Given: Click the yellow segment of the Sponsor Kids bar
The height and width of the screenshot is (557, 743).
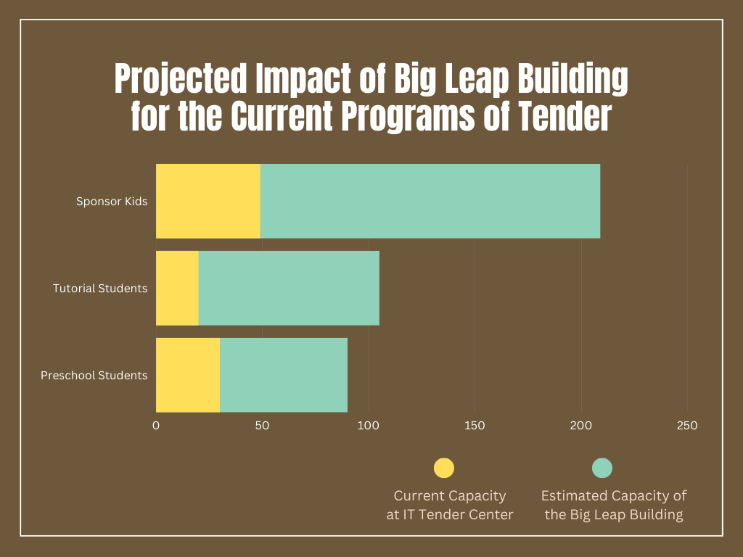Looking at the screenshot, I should (208, 201).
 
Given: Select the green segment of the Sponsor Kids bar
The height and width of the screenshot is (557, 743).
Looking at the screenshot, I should (430, 201).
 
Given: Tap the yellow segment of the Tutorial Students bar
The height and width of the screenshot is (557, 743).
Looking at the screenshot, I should (177, 288).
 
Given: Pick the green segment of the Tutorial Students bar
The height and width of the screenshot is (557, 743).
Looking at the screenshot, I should (289, 288).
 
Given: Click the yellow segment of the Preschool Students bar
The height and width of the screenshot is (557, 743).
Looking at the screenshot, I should (188, 375).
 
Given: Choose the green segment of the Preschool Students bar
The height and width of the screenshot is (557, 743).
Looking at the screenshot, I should (284, 375).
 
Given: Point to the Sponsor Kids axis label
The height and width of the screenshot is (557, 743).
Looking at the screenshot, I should (112, 202).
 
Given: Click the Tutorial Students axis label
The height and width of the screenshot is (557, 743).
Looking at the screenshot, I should (100, 289).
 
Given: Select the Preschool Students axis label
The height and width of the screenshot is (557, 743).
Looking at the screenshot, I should (94, 376).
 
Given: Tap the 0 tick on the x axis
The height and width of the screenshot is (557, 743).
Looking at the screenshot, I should (156, 426).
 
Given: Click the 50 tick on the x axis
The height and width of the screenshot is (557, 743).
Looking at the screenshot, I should (262, 426).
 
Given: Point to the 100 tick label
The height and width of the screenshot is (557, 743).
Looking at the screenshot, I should (369, 426).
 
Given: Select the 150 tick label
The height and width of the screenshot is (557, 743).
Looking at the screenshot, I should (475, 426).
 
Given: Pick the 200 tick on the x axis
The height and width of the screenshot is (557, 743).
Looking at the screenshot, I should (581, 426).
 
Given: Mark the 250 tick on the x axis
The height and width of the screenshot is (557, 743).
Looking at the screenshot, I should (687, 426).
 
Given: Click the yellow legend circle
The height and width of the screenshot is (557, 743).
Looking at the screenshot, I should (444, 468).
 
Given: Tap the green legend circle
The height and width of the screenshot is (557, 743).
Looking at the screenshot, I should (602, 468).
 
